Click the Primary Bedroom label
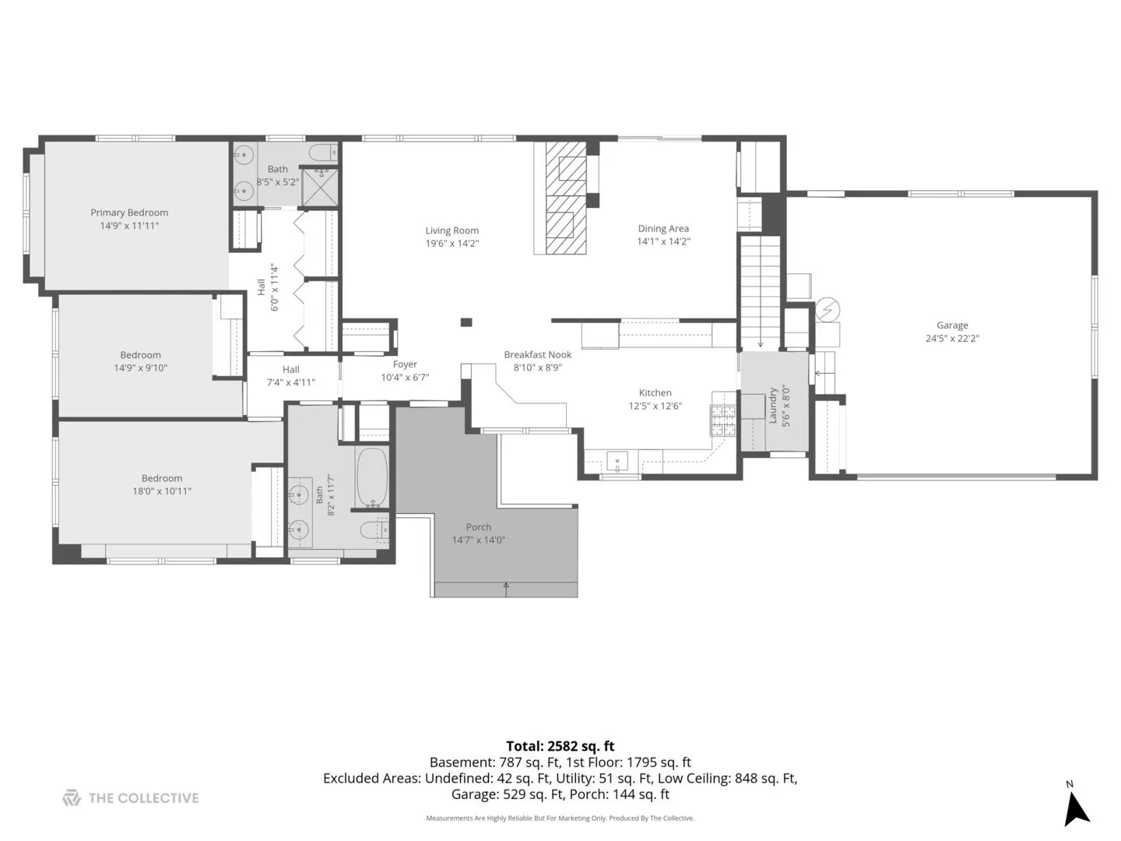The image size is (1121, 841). click(x=129, y=213)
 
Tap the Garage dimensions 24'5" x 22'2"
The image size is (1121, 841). click(x=952, y=338)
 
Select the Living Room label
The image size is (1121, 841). click(x=452, y=230)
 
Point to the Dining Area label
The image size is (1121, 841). click(x=663, y=228)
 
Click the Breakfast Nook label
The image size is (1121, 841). click(x=537, y=354)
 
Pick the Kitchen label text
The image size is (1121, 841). click(x=655, y=392)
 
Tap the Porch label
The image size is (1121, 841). click(x=479, y=527)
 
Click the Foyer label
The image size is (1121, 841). click(x=405, y=364)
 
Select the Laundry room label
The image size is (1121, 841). click(x=773, y=406)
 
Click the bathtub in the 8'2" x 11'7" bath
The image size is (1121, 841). click(x=372, y=478)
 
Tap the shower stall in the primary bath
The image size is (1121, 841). click(x=319, y=188)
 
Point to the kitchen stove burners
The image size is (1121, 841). click(x=722, y=420)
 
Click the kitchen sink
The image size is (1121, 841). click(x=617, y=462)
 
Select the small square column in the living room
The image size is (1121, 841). click(x=466, y=322)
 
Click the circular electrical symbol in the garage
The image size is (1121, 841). click(x=828, y=309)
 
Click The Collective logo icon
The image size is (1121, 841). click(x=72, y=797)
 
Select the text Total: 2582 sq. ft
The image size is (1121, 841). click(x=560, y=746)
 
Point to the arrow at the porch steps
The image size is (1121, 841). click(x=505, y=589)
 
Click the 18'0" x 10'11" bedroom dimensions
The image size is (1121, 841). click(x=162, y=491)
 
